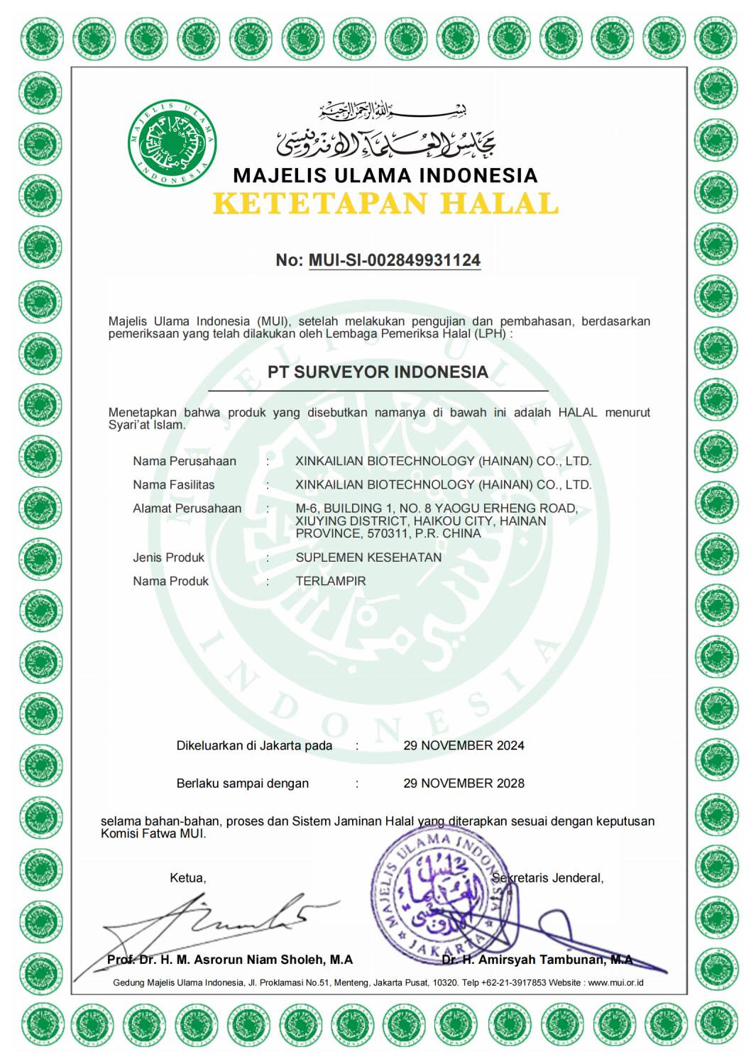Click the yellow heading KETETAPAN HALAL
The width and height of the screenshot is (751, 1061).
pyautogui.click(x=385, y=204)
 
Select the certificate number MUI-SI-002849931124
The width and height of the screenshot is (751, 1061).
pyautogui.click(x=395, y=260)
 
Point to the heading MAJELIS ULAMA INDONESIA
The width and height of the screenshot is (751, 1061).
pyautogui.click(x=385, y=175)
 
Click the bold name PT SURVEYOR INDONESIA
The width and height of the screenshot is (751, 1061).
pyautogui.click(x=378, y=372)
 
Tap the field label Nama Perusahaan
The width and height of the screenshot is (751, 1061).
pyautogui.click(x=185, y=461)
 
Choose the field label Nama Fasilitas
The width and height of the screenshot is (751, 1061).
pyautogui.click(x=174, y=485)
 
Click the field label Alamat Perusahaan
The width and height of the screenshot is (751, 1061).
pyautogui.click(x=187, y=509)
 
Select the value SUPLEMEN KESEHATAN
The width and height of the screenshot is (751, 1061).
pyautogui.click(x=368, y=557)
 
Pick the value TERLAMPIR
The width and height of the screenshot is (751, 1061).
pyautogui.click(x=331, y=581)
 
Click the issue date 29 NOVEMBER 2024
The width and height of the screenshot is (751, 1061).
pyautogui.click(x=464, y=745)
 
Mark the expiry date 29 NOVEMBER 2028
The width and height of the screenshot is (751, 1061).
pyautogui.click(x=464, y=784)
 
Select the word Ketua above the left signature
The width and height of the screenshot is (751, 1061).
pyautogui.click(x=187, y=878)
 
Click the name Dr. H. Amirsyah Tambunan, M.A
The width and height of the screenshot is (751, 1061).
pyautogui.click(x=537, y=960)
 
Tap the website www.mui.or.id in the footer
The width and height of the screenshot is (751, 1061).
pyautogui.click(x=615, y=983)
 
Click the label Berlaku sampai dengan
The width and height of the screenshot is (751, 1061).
pyautogui.click(x=243, y=784)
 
